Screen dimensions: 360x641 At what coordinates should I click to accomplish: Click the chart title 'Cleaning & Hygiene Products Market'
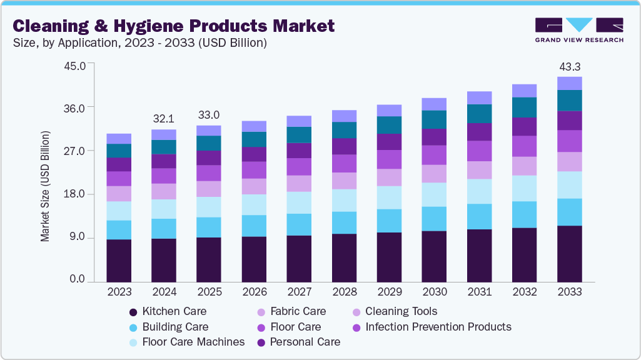coord(174,26)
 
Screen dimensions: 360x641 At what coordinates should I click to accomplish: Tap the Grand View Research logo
coord(578,29)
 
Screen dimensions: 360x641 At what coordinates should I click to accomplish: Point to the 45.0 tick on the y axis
coord(79,64)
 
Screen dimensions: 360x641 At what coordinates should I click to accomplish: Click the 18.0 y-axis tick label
coord(79,194)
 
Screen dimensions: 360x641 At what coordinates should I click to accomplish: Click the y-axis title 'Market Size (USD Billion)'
coord(45,186)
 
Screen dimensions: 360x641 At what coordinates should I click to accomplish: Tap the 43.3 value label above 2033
coord(570,66)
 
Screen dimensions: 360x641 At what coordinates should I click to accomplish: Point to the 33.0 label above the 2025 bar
coord(209,115)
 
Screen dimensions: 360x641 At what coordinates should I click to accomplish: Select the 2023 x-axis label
coord(119,292)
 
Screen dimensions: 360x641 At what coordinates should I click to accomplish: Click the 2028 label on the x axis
coord(344,292)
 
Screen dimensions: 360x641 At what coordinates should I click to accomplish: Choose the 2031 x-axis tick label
coord(479,292)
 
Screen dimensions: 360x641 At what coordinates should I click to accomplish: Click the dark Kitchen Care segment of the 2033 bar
coord(570,254)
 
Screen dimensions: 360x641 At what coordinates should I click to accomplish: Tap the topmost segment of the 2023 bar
coord(119,139)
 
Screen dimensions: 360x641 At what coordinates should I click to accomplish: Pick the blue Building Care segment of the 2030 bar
coord(434,219)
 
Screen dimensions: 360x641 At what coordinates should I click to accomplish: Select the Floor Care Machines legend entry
coord(186,342)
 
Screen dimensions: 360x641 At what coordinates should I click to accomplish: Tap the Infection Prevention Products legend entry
coord(431,327)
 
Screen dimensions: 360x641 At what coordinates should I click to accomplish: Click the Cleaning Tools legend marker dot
coord(356,312)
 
